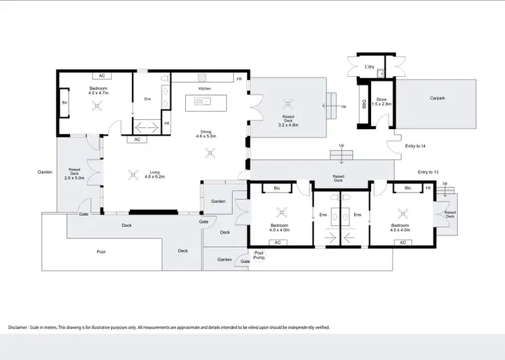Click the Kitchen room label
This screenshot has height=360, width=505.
pos(205,89)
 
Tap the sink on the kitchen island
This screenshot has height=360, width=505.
pos(203,102)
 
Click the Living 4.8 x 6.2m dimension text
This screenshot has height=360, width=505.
pos(151,176)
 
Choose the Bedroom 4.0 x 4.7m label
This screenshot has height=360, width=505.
pos(99,92)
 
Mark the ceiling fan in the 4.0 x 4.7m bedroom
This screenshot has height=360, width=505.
pos(99,105)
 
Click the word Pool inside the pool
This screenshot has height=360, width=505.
pos(101,252)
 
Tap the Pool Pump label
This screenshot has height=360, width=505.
pos(259,255)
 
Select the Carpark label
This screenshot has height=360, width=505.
pos(438,98)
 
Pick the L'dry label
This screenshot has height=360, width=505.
pos(369,67)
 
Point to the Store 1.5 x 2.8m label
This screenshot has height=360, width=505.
pos(383,102)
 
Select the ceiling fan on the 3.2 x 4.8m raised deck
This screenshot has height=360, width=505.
pos(288,103)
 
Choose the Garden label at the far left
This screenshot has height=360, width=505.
pos(45,172)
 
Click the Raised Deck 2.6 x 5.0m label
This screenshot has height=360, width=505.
pos(76,174)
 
